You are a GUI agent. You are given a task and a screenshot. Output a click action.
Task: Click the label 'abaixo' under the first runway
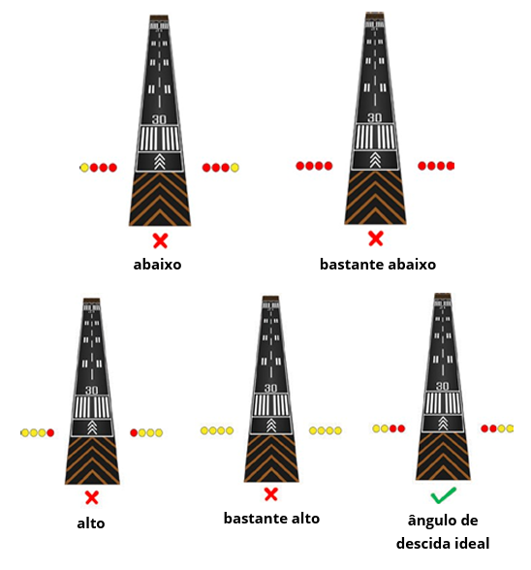(x=157, y=265)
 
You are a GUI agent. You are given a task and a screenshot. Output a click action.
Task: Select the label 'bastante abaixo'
(x=378, y=265)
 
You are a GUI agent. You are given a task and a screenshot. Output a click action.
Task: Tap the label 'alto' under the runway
(x=91, y=523)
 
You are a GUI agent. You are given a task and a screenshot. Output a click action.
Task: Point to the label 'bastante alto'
(x=271, y=518)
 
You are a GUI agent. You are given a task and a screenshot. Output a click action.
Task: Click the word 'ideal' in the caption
(x=472, y=544)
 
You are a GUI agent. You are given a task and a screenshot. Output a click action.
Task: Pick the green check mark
(x=444, y=495)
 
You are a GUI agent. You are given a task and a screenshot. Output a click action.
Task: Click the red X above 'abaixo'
(x=160, y=240)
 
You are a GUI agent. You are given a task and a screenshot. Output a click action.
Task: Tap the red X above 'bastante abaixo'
(x=375, y=238)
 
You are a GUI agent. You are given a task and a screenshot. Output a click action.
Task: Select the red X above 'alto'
(x=92, y=497)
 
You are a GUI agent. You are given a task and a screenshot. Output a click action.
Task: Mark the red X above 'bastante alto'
(x=270, y=494)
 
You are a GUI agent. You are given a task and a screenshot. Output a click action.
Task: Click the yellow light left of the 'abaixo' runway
(x=84, y=168)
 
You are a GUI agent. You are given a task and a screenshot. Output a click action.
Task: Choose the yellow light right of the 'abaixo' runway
(x=234, y=168)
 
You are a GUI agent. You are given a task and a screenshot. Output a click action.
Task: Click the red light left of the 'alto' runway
(x=50, y=432)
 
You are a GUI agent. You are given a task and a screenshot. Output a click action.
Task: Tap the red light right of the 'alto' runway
(x=134, y=432)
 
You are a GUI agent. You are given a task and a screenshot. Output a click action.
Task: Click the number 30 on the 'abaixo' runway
(x=159, y=119)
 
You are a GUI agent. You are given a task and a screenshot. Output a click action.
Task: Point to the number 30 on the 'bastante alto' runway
(x=270, y=388)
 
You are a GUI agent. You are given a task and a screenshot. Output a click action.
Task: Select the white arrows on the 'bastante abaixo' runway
(x=375, y=160)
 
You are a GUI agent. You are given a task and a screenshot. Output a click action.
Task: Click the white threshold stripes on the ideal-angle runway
(x=443, y=403)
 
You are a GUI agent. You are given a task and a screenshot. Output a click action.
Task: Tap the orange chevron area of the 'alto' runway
(x=92, y=460)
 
